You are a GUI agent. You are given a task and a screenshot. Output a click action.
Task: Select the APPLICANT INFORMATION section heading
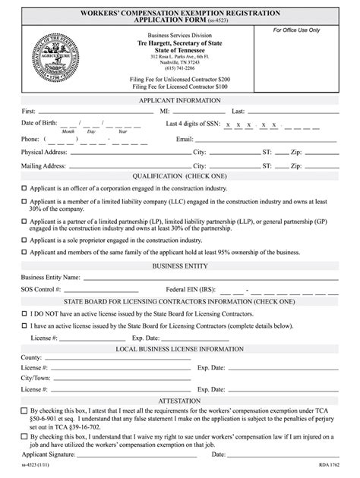(x=179, y=100)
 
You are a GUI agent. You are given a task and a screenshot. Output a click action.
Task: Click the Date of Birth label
(x=38, y=123)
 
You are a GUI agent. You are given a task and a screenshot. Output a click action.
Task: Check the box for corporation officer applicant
(x=24, y=187)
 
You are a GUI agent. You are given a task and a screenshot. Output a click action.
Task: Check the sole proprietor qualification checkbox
(x=24, y=240)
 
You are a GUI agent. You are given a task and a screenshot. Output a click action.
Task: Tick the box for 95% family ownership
(x=24, y=252)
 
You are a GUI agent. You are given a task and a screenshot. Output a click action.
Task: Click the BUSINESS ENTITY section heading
(x=180, y=266)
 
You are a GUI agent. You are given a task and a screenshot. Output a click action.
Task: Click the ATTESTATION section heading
(x=179, y=401)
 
